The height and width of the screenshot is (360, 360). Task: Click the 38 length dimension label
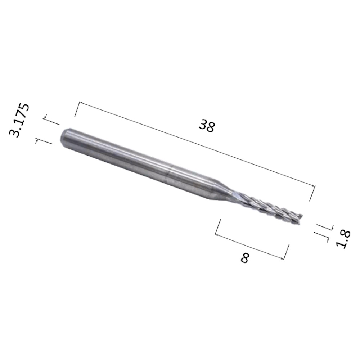coord(207,126)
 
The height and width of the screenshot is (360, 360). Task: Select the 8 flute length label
coord(245,258)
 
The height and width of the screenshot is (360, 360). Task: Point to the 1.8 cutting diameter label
coord(343,239)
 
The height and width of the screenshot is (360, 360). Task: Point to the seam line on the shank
coord(168,174)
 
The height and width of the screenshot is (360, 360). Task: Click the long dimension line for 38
coord(197,144)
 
